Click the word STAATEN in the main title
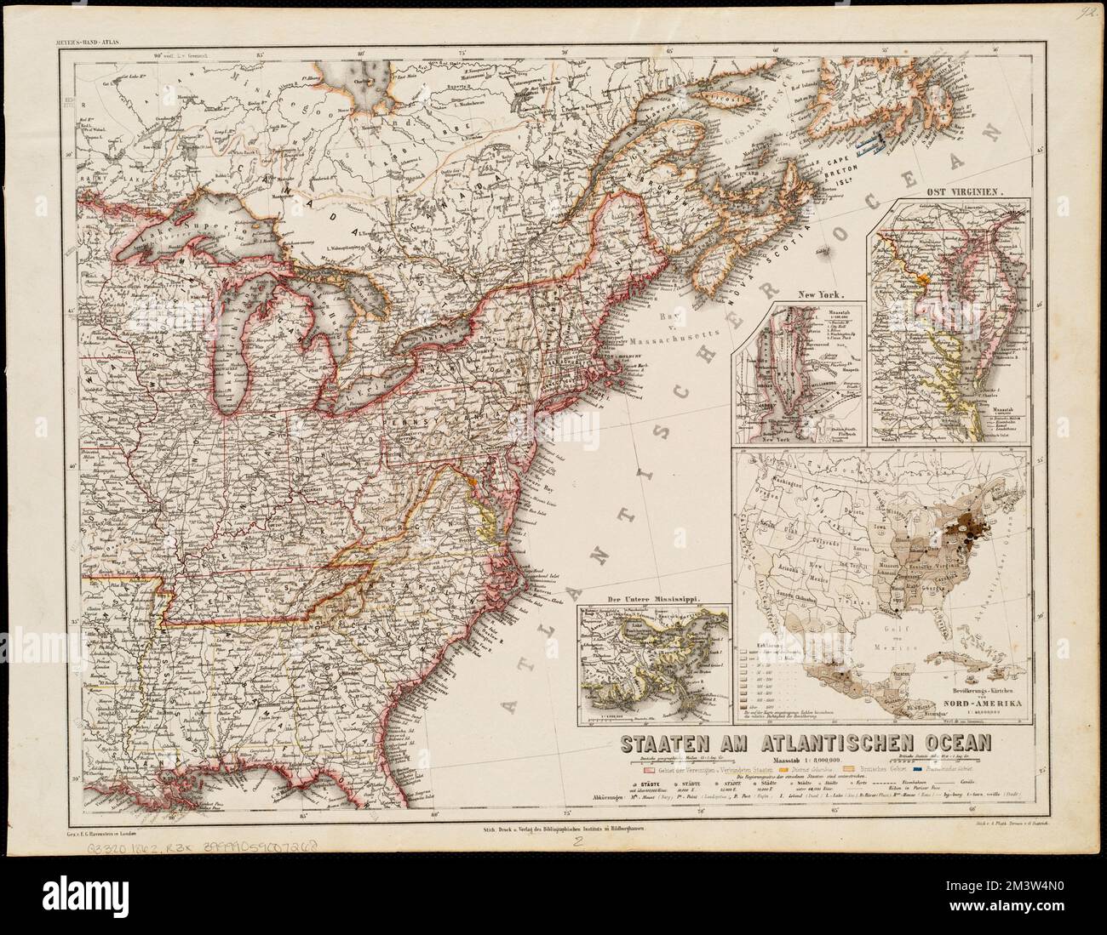(x=661, y=742)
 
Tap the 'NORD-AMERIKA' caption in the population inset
(x=984, y=703)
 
